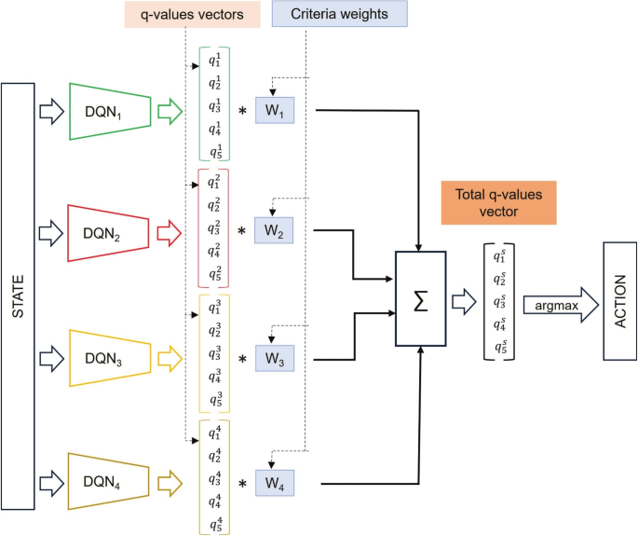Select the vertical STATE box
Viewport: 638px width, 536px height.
(x=19, y=295)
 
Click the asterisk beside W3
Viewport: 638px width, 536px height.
(x=242, y=358)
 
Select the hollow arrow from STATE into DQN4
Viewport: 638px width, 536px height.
(x=50, y=483)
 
